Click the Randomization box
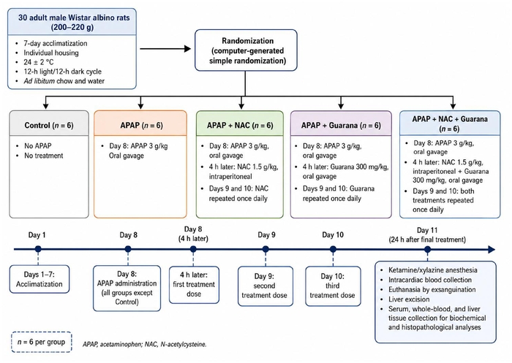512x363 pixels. pyautogui.click(x=246, y=50)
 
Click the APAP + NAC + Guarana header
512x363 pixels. pyautogui.click(x=450, y=123)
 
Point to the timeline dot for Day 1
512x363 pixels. pyautogui.click(x=38, y=250)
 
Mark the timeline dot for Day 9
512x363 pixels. pyautogui.click(x=266, y=250)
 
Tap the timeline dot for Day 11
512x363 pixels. pyautogui.click(x=427, y=250)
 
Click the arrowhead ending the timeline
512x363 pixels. pyautogui.click(x=492, y=250)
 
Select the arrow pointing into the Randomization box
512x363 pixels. pyautogui.click(x=165, y=49)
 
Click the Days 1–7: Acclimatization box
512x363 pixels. pyautogui.click(x=39, y=279)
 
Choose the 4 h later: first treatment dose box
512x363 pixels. pyautogui.click(x=194, y=285)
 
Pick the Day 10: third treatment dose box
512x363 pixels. pyautogui.click(x=333, y=286)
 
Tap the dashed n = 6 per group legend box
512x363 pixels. pyautogui.click(x=42, y=342)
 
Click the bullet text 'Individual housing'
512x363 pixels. pyautogui.click(x=51, y=53)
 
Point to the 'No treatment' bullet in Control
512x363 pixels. pyautogui.click(x=43, y=156)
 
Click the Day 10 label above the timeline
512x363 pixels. pyautogui.click(x=333, y=235)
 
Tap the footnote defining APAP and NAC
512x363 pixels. pyautogui.click(x=145, y=344)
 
